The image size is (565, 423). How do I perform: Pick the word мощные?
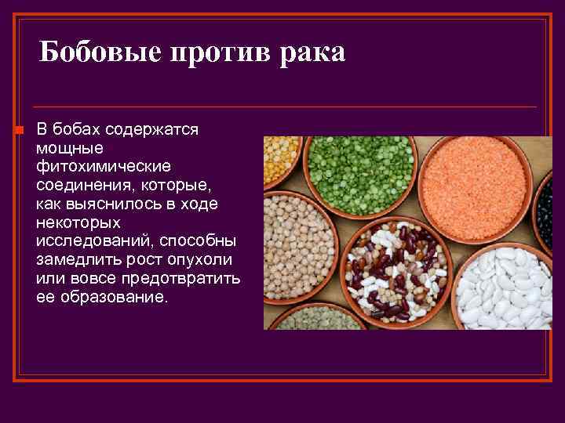click(69, 148)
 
